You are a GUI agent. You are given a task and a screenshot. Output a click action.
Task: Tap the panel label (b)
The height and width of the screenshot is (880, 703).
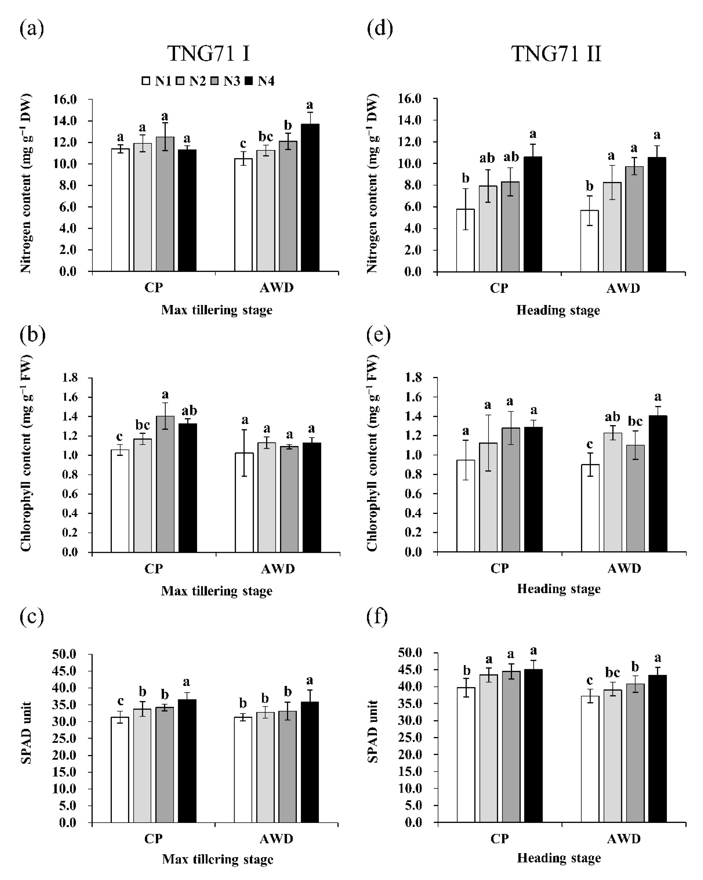tap(32, 335)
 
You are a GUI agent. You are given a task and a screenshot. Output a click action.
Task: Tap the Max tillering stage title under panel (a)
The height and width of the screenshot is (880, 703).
tap(217, 310)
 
